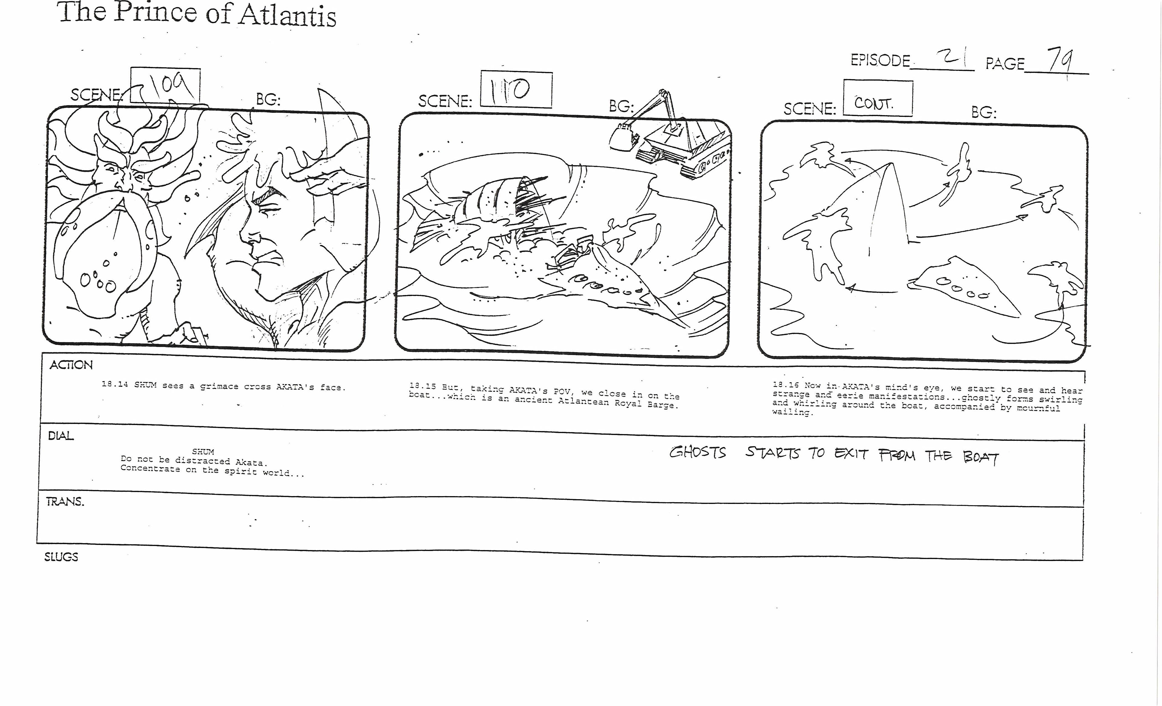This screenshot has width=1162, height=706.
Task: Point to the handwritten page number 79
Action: pos(1059,60)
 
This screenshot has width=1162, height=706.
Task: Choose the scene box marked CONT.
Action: pos(878,98)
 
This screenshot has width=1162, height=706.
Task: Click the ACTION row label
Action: pos(71,365)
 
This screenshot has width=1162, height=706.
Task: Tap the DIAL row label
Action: pos(61,436)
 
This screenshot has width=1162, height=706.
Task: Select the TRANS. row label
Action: pos(65,501)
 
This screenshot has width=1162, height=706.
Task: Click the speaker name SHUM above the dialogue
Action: pos(203,452)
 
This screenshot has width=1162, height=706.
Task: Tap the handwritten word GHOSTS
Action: pos(698,452)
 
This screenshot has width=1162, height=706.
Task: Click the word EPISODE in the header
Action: pos(880,60)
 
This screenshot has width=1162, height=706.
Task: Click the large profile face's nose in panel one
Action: pos(245,234)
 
